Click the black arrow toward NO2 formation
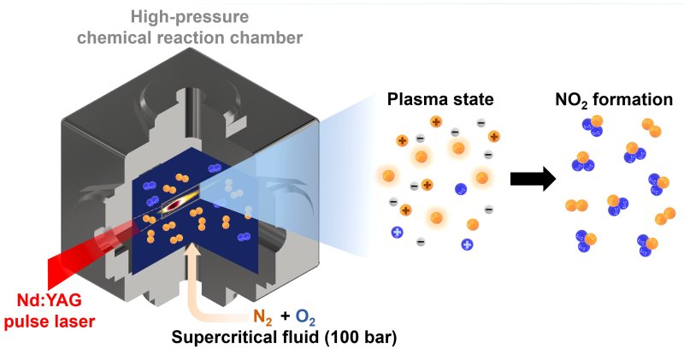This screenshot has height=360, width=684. coord(532,179)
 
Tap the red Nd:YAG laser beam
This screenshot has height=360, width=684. coord(85,253)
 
